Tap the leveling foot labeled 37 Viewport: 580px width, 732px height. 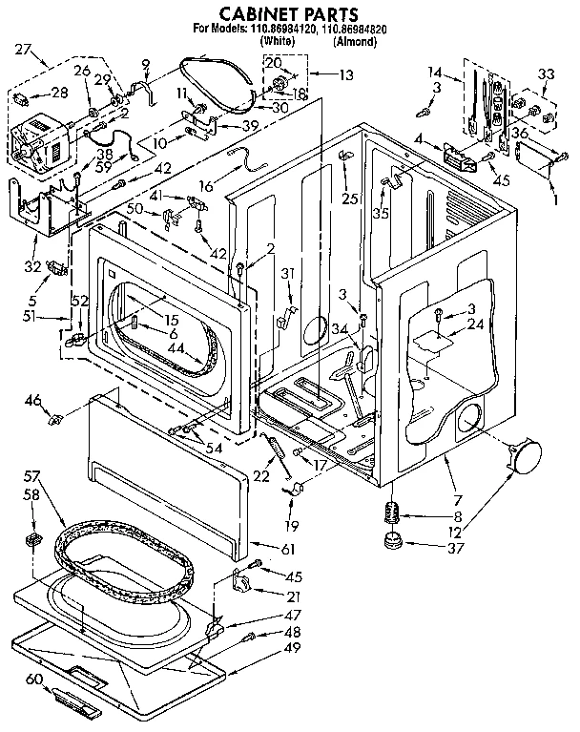point(390,544)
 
